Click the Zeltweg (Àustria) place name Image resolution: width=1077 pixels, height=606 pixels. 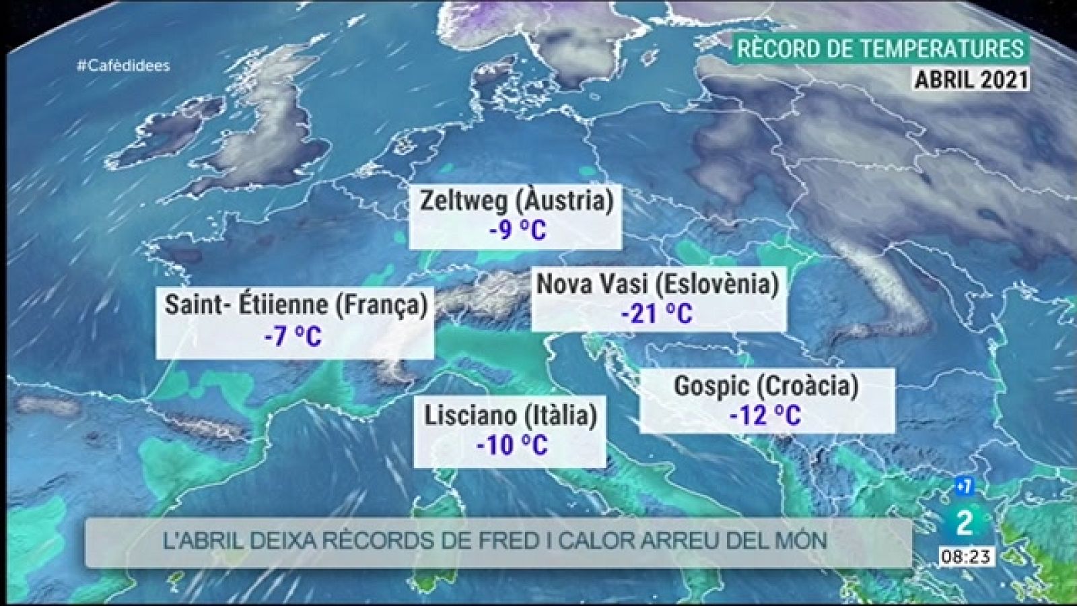point(516,201)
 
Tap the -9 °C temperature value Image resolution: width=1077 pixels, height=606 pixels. point(517,230)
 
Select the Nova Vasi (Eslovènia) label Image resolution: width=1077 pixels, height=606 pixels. point(657,284)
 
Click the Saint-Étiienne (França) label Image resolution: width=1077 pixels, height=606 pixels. point(296,305)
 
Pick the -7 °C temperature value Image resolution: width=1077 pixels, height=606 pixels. point(293,336)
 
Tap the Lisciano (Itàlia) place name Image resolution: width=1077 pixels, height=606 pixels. point(510,415)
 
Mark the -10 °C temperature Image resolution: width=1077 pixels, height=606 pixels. point(511,445)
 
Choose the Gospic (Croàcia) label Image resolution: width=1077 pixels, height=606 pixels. point(766,386)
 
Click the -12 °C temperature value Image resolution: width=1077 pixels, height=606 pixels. point(765,415)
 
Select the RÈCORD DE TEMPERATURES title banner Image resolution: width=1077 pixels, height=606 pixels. point(880,49)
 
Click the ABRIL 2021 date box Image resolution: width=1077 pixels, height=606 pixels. point(971,79)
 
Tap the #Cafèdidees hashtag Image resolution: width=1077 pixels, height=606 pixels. point(124,65)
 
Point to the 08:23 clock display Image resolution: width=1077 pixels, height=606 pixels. point(965,557)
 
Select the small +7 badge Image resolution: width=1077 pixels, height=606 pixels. point(963,486)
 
